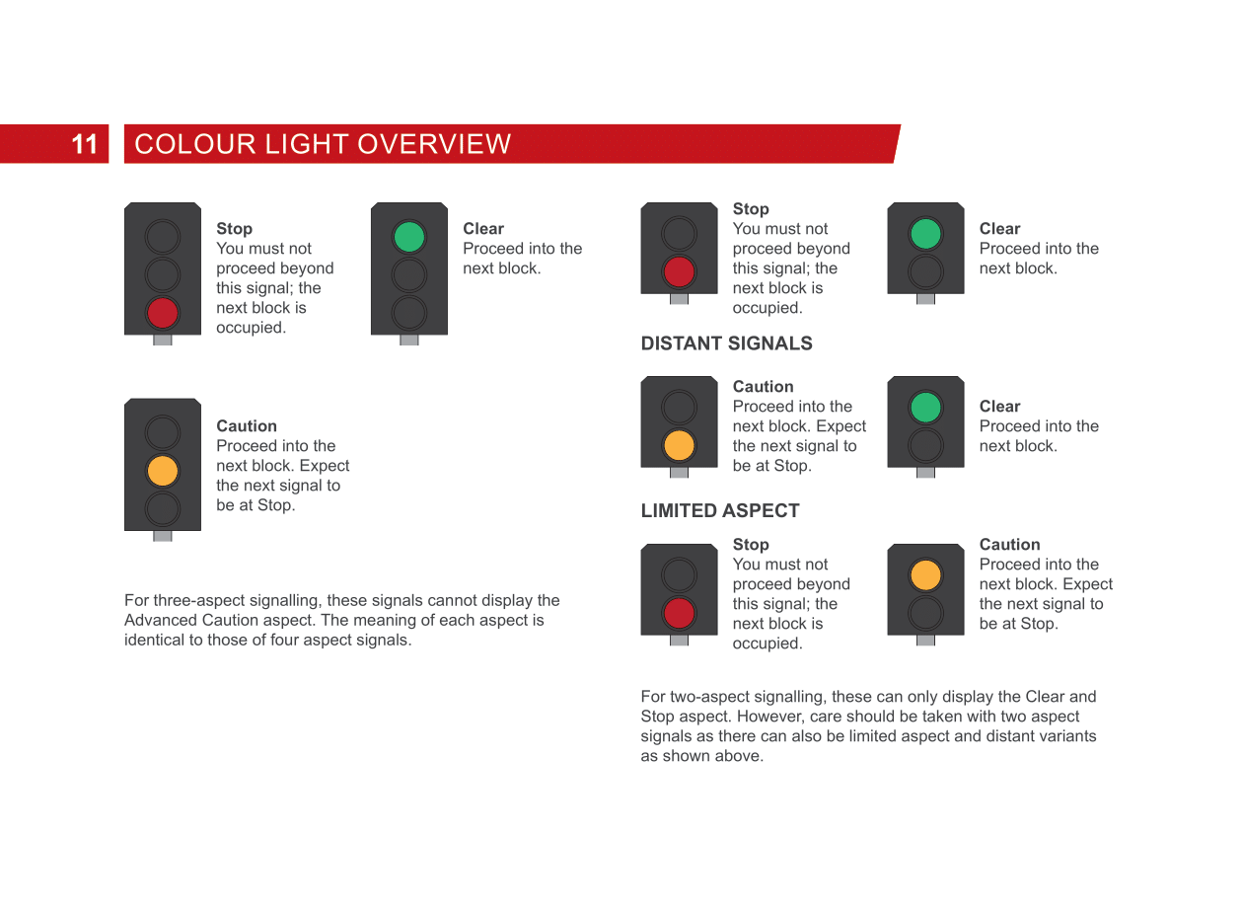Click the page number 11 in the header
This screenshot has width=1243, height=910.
85,144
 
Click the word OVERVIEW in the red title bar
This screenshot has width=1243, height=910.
434,144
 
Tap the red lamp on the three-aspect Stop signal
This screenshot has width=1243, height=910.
163,312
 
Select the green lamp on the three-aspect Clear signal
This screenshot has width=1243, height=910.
409,237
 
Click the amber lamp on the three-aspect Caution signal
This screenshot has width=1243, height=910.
163,470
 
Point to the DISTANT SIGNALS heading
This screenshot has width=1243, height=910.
726,343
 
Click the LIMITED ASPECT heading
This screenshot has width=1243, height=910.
719,510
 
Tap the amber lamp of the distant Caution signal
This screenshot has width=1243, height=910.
679,445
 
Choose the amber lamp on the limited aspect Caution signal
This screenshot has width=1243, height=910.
925,574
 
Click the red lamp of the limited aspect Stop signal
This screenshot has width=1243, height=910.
679,613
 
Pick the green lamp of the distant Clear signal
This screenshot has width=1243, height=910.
925,407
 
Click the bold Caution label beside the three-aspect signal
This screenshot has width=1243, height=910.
247,426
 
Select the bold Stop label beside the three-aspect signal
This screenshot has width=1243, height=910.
234,229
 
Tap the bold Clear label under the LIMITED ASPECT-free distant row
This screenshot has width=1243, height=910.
999,407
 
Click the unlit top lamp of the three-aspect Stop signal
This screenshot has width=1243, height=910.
163,237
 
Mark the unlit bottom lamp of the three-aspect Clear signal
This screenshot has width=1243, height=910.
409,312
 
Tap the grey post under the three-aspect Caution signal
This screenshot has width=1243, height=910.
163,536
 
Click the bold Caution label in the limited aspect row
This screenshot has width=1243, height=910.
1009,545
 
